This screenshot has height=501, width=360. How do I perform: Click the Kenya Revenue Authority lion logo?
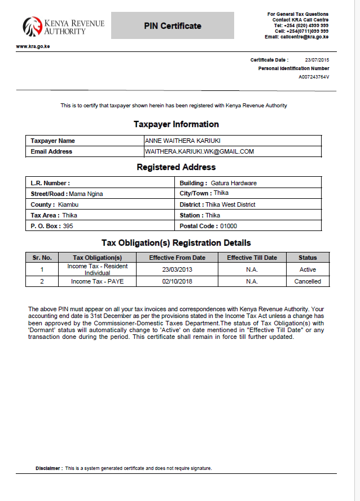(32, 26)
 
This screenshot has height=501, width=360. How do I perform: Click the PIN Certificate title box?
(172, 26)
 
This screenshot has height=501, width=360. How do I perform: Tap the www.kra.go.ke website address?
(33, 46)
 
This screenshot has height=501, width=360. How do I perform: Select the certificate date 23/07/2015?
(317, 59)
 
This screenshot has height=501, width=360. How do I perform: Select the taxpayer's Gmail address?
(199, 151)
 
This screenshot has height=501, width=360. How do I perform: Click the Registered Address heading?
(176, 167)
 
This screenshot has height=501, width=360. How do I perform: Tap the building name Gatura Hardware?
(234, 183)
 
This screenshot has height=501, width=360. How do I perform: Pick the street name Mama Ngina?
(86, 194)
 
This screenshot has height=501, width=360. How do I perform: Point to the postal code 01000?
(229, 226)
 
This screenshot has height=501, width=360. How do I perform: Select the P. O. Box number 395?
(68, 226)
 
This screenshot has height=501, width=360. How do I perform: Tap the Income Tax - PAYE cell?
(97, 281)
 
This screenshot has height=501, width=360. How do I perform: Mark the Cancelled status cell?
(308, 281)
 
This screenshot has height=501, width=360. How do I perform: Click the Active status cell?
(308, 269)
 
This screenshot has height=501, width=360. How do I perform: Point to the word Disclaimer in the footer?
(49, 468)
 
